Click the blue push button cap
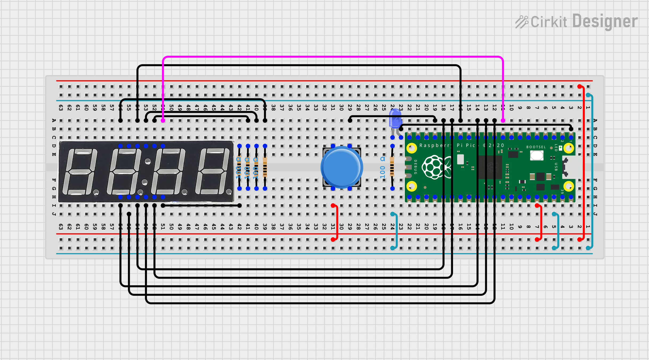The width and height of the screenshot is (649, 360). [342, 167]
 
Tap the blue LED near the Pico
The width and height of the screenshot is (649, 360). [395, 119]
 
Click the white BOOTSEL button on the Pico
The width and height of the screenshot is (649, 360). [536, 155]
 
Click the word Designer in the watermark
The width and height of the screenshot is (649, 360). [605, 21]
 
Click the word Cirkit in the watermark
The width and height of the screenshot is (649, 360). [549, 22]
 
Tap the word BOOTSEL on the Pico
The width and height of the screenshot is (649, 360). [536, 147]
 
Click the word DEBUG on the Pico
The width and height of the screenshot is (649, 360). [415, 167]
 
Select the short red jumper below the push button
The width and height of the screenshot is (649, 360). [337, 223]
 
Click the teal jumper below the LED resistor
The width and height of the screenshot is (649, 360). [396, 231]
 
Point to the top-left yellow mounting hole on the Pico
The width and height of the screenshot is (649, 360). [412, 148]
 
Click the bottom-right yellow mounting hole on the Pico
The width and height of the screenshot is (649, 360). [568, 186]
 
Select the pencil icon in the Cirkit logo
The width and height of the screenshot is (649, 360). [521, 22]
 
